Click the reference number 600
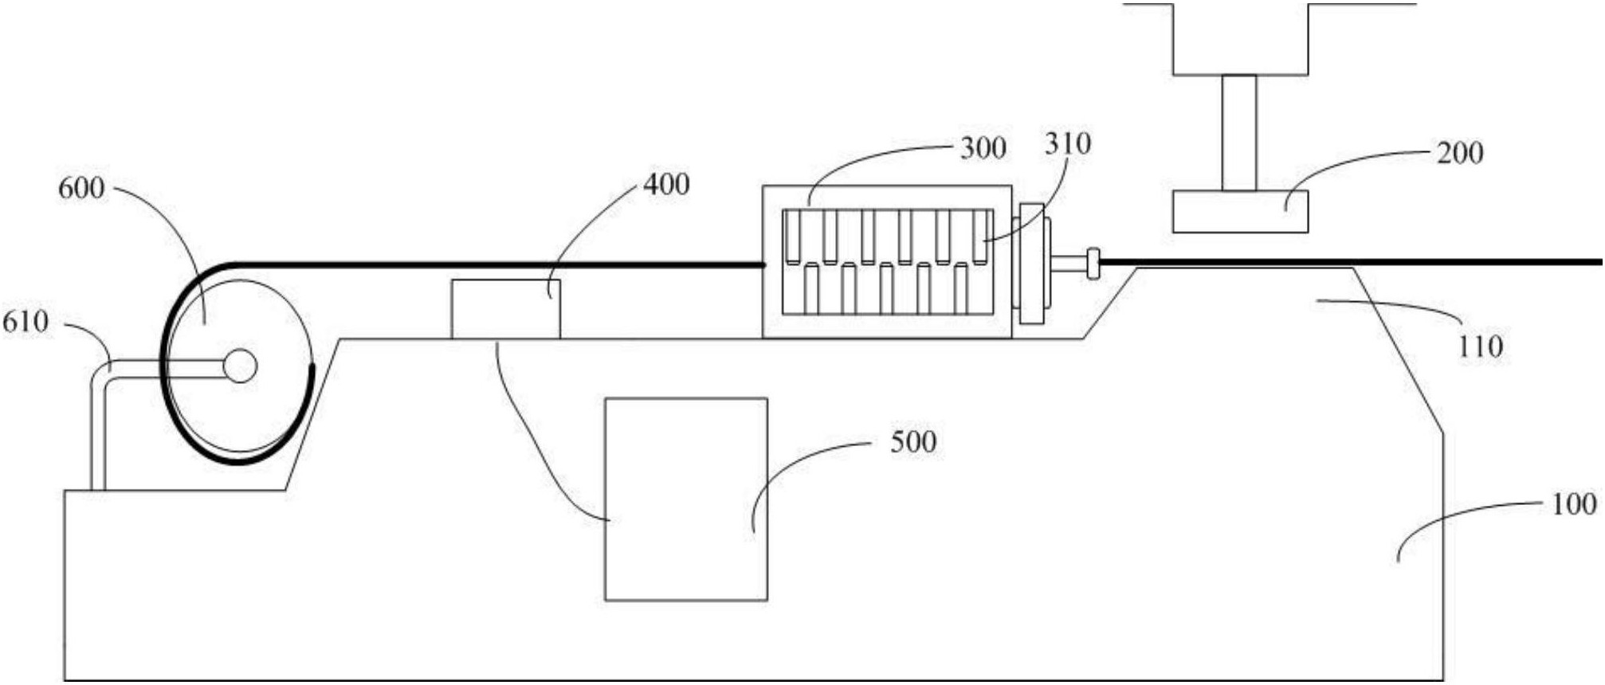[x=81, y=189]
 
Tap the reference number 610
[x=26, y=322]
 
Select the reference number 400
[x=666, y=185]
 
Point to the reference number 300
[x=983, y=148]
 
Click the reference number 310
[x=1068, y=143]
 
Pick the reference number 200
[x=1460, y=153]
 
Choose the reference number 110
[x=1481, y=346]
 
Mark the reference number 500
[x=913, y=442]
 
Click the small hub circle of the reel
[x=240, y=366]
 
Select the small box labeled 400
[x=506, y=309]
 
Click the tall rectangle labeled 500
[x=686, y=499]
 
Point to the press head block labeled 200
[x=1240, y=211]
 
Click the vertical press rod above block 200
[x=1239, y=133]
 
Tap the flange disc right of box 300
[x=1032, y=264]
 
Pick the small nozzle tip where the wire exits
[x=1093, y=264]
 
